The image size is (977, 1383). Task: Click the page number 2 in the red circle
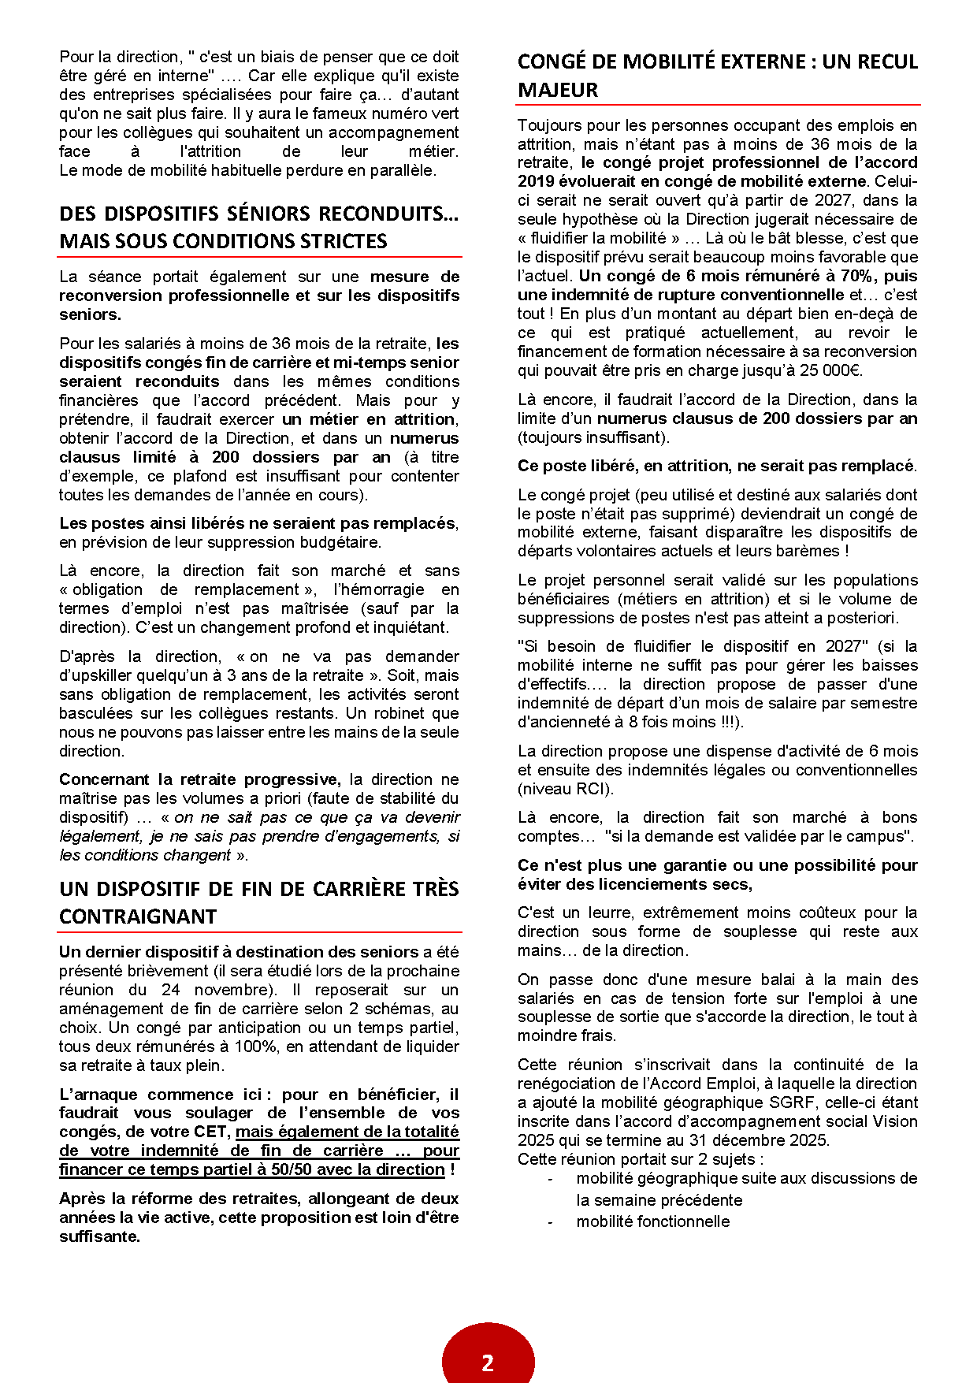(x=488, y=1363)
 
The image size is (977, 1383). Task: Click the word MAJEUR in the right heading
(x=558, y=90)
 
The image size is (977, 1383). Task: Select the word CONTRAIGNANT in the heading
(x=138, y=916)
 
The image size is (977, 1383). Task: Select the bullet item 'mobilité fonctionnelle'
(x=652, y=1221)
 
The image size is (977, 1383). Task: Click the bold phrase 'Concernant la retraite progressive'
(x=199, y=779)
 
